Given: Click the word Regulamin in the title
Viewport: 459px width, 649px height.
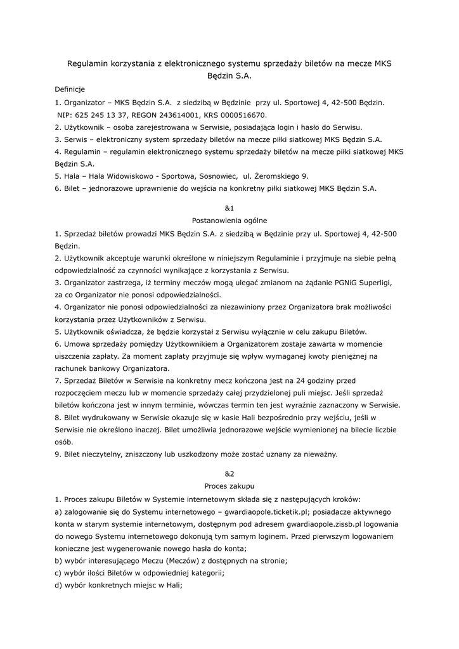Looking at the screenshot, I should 88,63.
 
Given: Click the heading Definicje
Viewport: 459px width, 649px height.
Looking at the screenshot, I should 70,89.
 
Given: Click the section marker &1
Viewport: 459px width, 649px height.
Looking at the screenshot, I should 229,208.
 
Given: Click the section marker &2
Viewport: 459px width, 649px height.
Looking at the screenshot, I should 229,473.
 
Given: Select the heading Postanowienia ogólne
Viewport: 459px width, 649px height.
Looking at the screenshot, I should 229,221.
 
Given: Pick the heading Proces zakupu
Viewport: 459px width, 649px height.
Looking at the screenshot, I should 229,486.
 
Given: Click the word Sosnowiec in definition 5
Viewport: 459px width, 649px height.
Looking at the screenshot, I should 216,176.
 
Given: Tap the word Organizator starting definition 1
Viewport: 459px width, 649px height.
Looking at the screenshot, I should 84,102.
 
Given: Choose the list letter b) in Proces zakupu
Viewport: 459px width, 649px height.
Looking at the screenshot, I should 58,560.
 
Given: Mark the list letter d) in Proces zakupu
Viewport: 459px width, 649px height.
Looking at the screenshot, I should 58,585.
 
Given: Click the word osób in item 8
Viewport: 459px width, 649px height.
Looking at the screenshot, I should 64,442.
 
